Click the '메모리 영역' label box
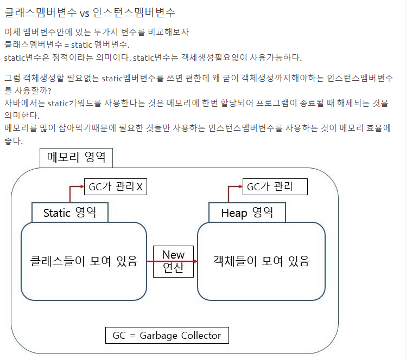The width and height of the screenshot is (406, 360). pos(76,158)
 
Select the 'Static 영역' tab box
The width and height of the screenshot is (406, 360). pos(69,213)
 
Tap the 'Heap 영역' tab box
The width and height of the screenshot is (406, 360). pos(247,213)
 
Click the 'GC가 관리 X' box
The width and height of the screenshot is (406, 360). pos(115,187)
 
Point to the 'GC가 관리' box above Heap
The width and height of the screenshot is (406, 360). pos(274,187)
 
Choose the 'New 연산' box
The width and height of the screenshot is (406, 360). pos(173,261)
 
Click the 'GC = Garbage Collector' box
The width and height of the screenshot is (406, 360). pos(167,336)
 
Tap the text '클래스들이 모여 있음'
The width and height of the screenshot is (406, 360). pos(84,261)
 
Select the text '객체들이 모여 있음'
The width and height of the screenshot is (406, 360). pos(261,261)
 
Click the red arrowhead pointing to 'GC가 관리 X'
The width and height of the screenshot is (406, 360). pos(81,187)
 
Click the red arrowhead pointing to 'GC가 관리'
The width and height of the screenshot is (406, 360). pos(239,187)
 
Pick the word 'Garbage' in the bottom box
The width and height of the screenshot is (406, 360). pos(158,336)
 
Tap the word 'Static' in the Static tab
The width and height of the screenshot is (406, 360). pos(57,213)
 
